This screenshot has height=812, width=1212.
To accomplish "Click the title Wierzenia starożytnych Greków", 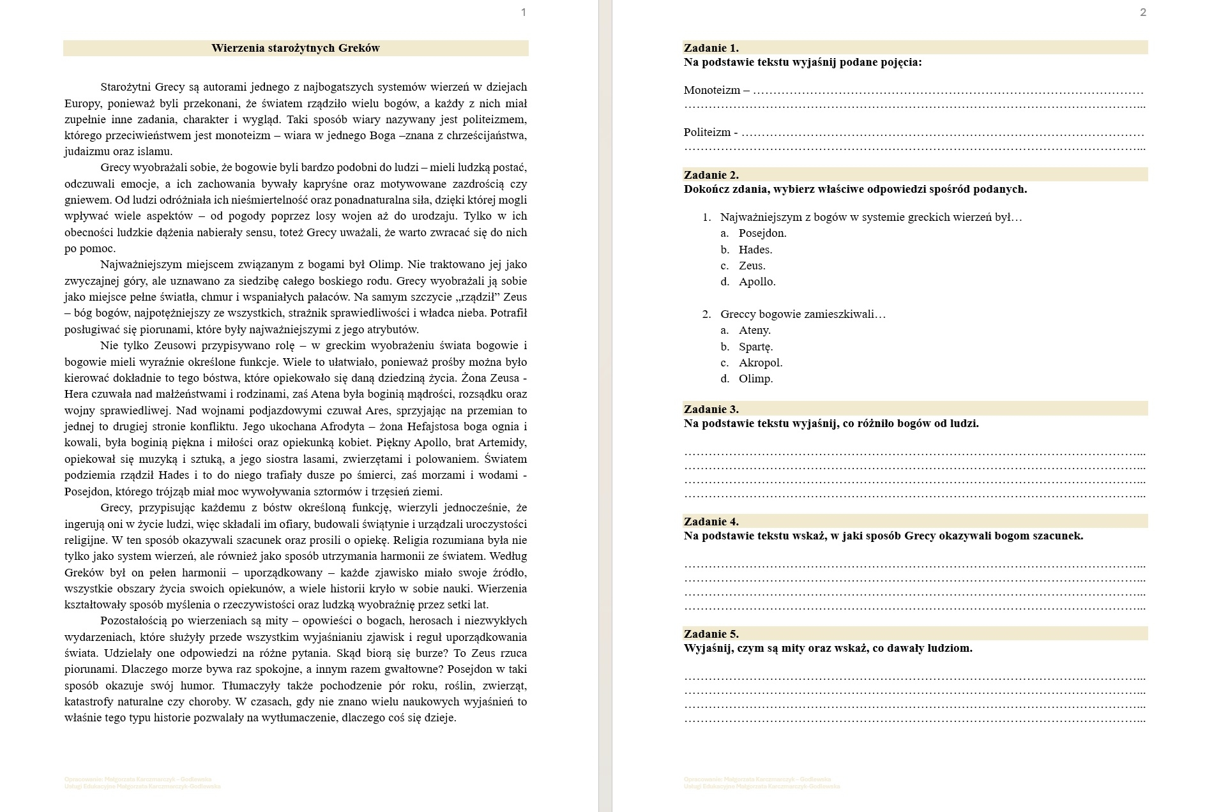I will tap(295, 48).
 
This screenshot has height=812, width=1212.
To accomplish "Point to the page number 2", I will tap(1143, 12).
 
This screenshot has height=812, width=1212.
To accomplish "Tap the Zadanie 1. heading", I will tap(711, 48).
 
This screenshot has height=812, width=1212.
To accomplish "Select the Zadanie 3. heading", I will tap(711, 409).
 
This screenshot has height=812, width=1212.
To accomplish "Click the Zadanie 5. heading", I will tap(711, 634).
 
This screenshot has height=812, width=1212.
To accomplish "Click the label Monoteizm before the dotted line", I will tap(711, 90).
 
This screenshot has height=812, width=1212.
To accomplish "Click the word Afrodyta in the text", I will tap(341, 426).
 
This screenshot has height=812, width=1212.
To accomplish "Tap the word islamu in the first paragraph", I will tap(154, 151).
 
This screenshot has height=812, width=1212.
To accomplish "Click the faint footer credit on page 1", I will tap(142, 783).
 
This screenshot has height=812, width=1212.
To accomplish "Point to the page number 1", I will tap(524, 12).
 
